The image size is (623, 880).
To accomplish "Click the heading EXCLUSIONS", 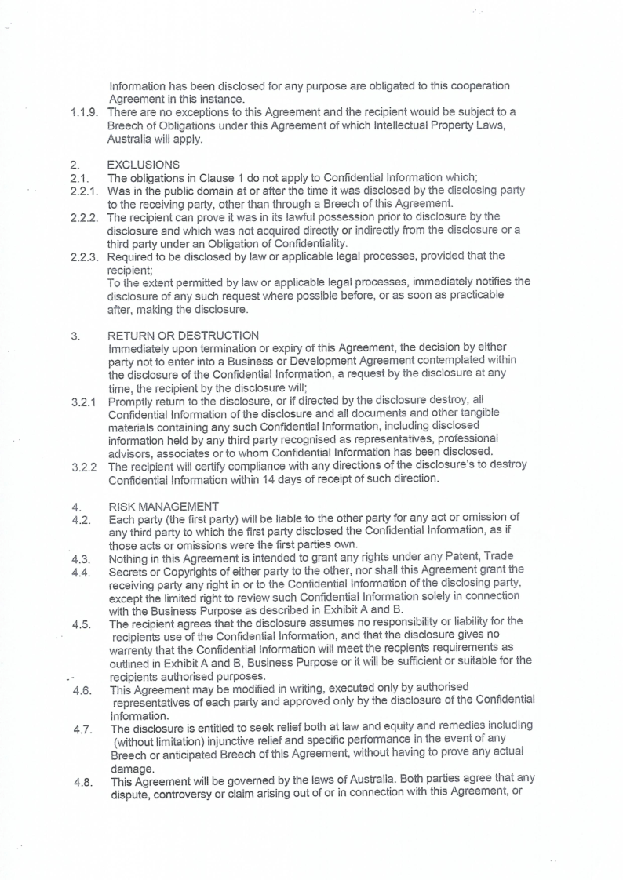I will (142, 166).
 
